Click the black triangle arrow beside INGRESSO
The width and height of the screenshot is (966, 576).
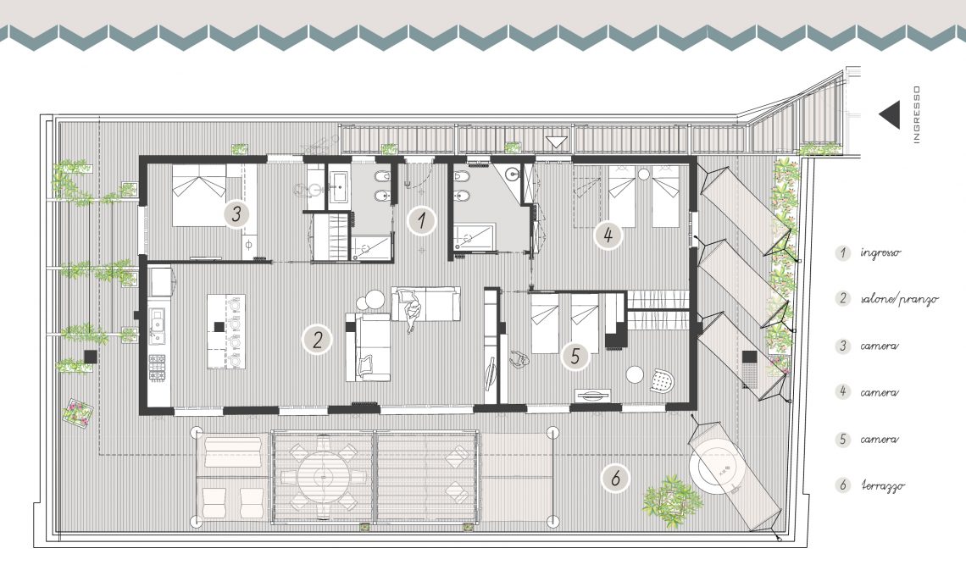point(891,115)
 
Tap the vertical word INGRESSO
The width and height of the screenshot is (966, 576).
point(917,114)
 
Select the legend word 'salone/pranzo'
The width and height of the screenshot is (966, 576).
point(899,299)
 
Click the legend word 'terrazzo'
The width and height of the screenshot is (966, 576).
point(882,485)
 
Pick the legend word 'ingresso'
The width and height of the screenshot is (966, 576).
point(881,252)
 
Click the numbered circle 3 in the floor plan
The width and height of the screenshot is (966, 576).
point(236,214)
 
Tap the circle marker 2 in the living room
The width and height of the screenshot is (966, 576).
point(317,340)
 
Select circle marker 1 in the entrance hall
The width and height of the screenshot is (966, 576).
point(422,220)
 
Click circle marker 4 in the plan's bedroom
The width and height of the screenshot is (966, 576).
point(608,235)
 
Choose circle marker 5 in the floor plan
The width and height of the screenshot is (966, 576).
point(575,356)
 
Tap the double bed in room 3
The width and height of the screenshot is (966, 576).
point(199,195)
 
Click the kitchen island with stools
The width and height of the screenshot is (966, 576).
point(226,331)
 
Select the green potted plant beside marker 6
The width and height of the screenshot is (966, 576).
point(673,501)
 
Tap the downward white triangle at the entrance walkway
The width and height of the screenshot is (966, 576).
point(557,142)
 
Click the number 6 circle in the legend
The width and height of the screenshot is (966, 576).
point(843,485)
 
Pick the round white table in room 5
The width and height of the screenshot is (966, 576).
point(635,374)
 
